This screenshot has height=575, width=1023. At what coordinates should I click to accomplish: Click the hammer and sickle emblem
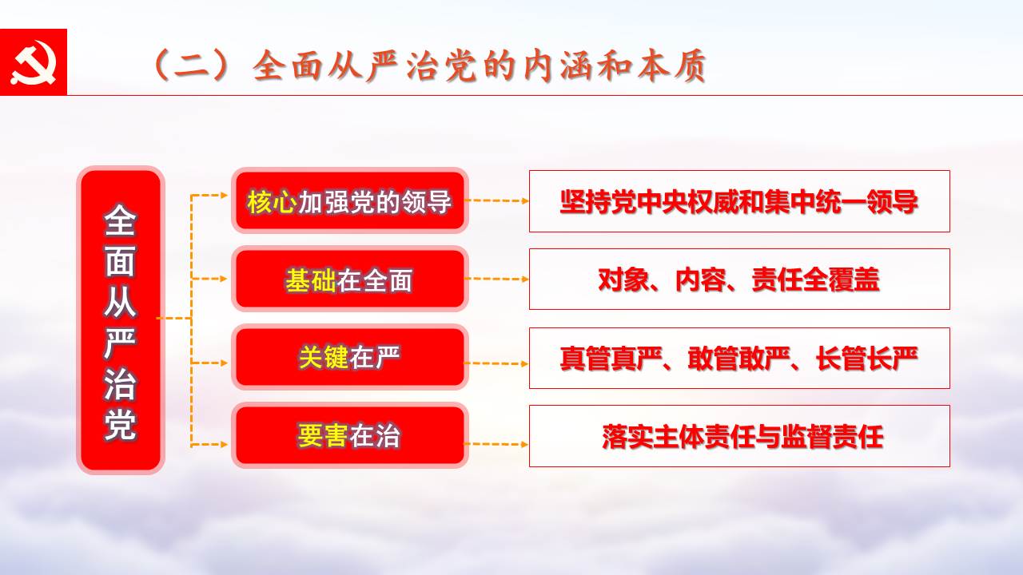coord(33,62)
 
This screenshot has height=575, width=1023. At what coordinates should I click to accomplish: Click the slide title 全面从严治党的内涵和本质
coord(480,66)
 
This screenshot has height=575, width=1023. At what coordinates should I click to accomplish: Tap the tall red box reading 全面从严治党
coord(121,320)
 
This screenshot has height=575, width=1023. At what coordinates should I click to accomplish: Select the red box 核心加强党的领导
coord(350,200)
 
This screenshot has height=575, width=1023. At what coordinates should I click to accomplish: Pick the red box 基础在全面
coord(350,279)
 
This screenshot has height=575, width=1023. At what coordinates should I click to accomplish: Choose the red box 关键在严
coord(350,357)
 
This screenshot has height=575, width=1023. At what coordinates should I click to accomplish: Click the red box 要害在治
coord(350,435)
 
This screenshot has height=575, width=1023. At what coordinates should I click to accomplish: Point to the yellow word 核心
coord(272,202)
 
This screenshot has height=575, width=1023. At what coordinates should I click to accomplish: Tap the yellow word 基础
coord(311,280)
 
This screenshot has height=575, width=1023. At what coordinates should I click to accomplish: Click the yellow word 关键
coord(324,357)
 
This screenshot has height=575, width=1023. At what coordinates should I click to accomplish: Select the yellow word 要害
coord(324,436)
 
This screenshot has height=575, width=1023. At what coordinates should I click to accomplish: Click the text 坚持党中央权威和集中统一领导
coord(739,202)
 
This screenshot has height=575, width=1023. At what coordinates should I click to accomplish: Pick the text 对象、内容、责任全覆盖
coord(739,280)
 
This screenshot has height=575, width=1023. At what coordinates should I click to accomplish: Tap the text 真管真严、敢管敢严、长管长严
coord(739,359)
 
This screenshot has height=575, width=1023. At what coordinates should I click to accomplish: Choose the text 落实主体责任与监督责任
coord(742,437)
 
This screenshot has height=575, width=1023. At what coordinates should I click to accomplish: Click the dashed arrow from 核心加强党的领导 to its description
coord(497,200)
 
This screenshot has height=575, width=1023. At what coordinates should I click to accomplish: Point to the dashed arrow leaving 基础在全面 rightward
coord(497,279)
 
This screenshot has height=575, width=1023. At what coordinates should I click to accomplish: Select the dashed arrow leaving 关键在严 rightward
coord(497,363)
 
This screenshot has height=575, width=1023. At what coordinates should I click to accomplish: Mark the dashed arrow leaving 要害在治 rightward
coord(497,444)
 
